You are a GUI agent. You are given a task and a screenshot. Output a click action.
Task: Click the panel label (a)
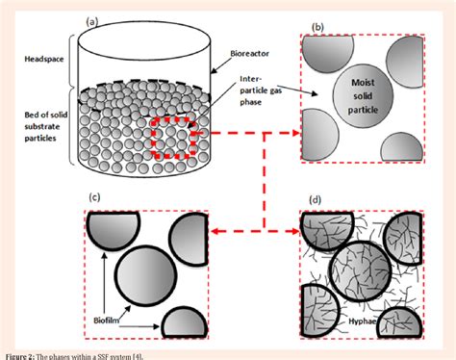click(93, 19)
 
